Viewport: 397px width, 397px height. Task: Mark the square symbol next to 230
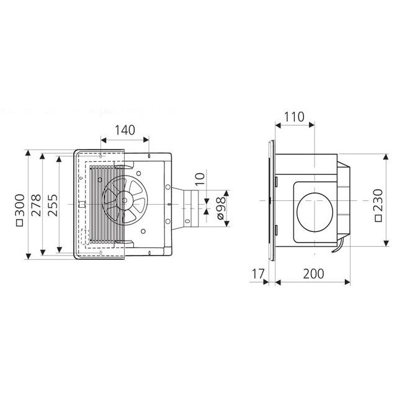378,218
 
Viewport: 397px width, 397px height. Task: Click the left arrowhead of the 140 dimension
101,142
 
